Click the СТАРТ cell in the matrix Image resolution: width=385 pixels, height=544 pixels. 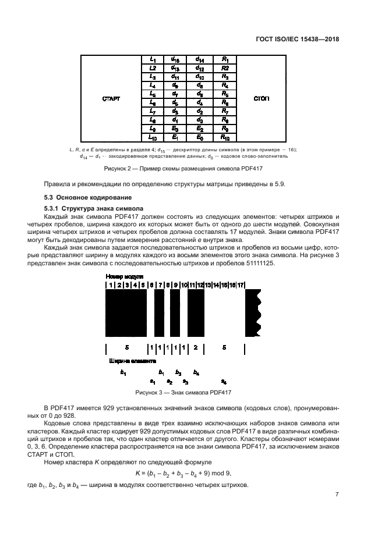pos(111,99)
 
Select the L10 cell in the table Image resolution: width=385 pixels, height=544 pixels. pos(153,138)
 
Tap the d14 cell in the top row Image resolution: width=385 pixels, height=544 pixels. pos(199,59)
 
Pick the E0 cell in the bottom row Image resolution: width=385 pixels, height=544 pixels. pos(199,138)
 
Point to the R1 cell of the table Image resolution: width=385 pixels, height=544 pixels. pos(225,59)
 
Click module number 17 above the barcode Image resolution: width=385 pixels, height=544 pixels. pos(241,285)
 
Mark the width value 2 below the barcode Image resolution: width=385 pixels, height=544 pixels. pos(196,348)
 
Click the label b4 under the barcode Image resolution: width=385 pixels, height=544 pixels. pos(196,372)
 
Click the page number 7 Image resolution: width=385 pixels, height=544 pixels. pos(337,495)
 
